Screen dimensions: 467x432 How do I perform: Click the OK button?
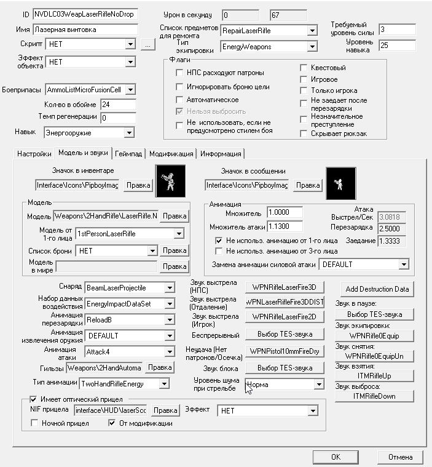click(336, 457)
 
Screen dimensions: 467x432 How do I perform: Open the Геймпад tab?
click(128, 154)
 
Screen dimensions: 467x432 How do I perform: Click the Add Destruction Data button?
click(377, 289)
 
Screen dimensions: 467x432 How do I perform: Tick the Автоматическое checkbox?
click(180, 100)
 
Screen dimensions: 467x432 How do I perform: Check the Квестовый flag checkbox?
click(304, 68)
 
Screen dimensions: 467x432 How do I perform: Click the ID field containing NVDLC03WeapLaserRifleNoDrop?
click(85, 14)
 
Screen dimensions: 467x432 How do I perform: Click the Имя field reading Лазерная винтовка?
click(85, 29)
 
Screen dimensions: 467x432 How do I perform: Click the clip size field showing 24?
click(117, 105)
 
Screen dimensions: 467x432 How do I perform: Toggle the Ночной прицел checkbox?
click(35, 423)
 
